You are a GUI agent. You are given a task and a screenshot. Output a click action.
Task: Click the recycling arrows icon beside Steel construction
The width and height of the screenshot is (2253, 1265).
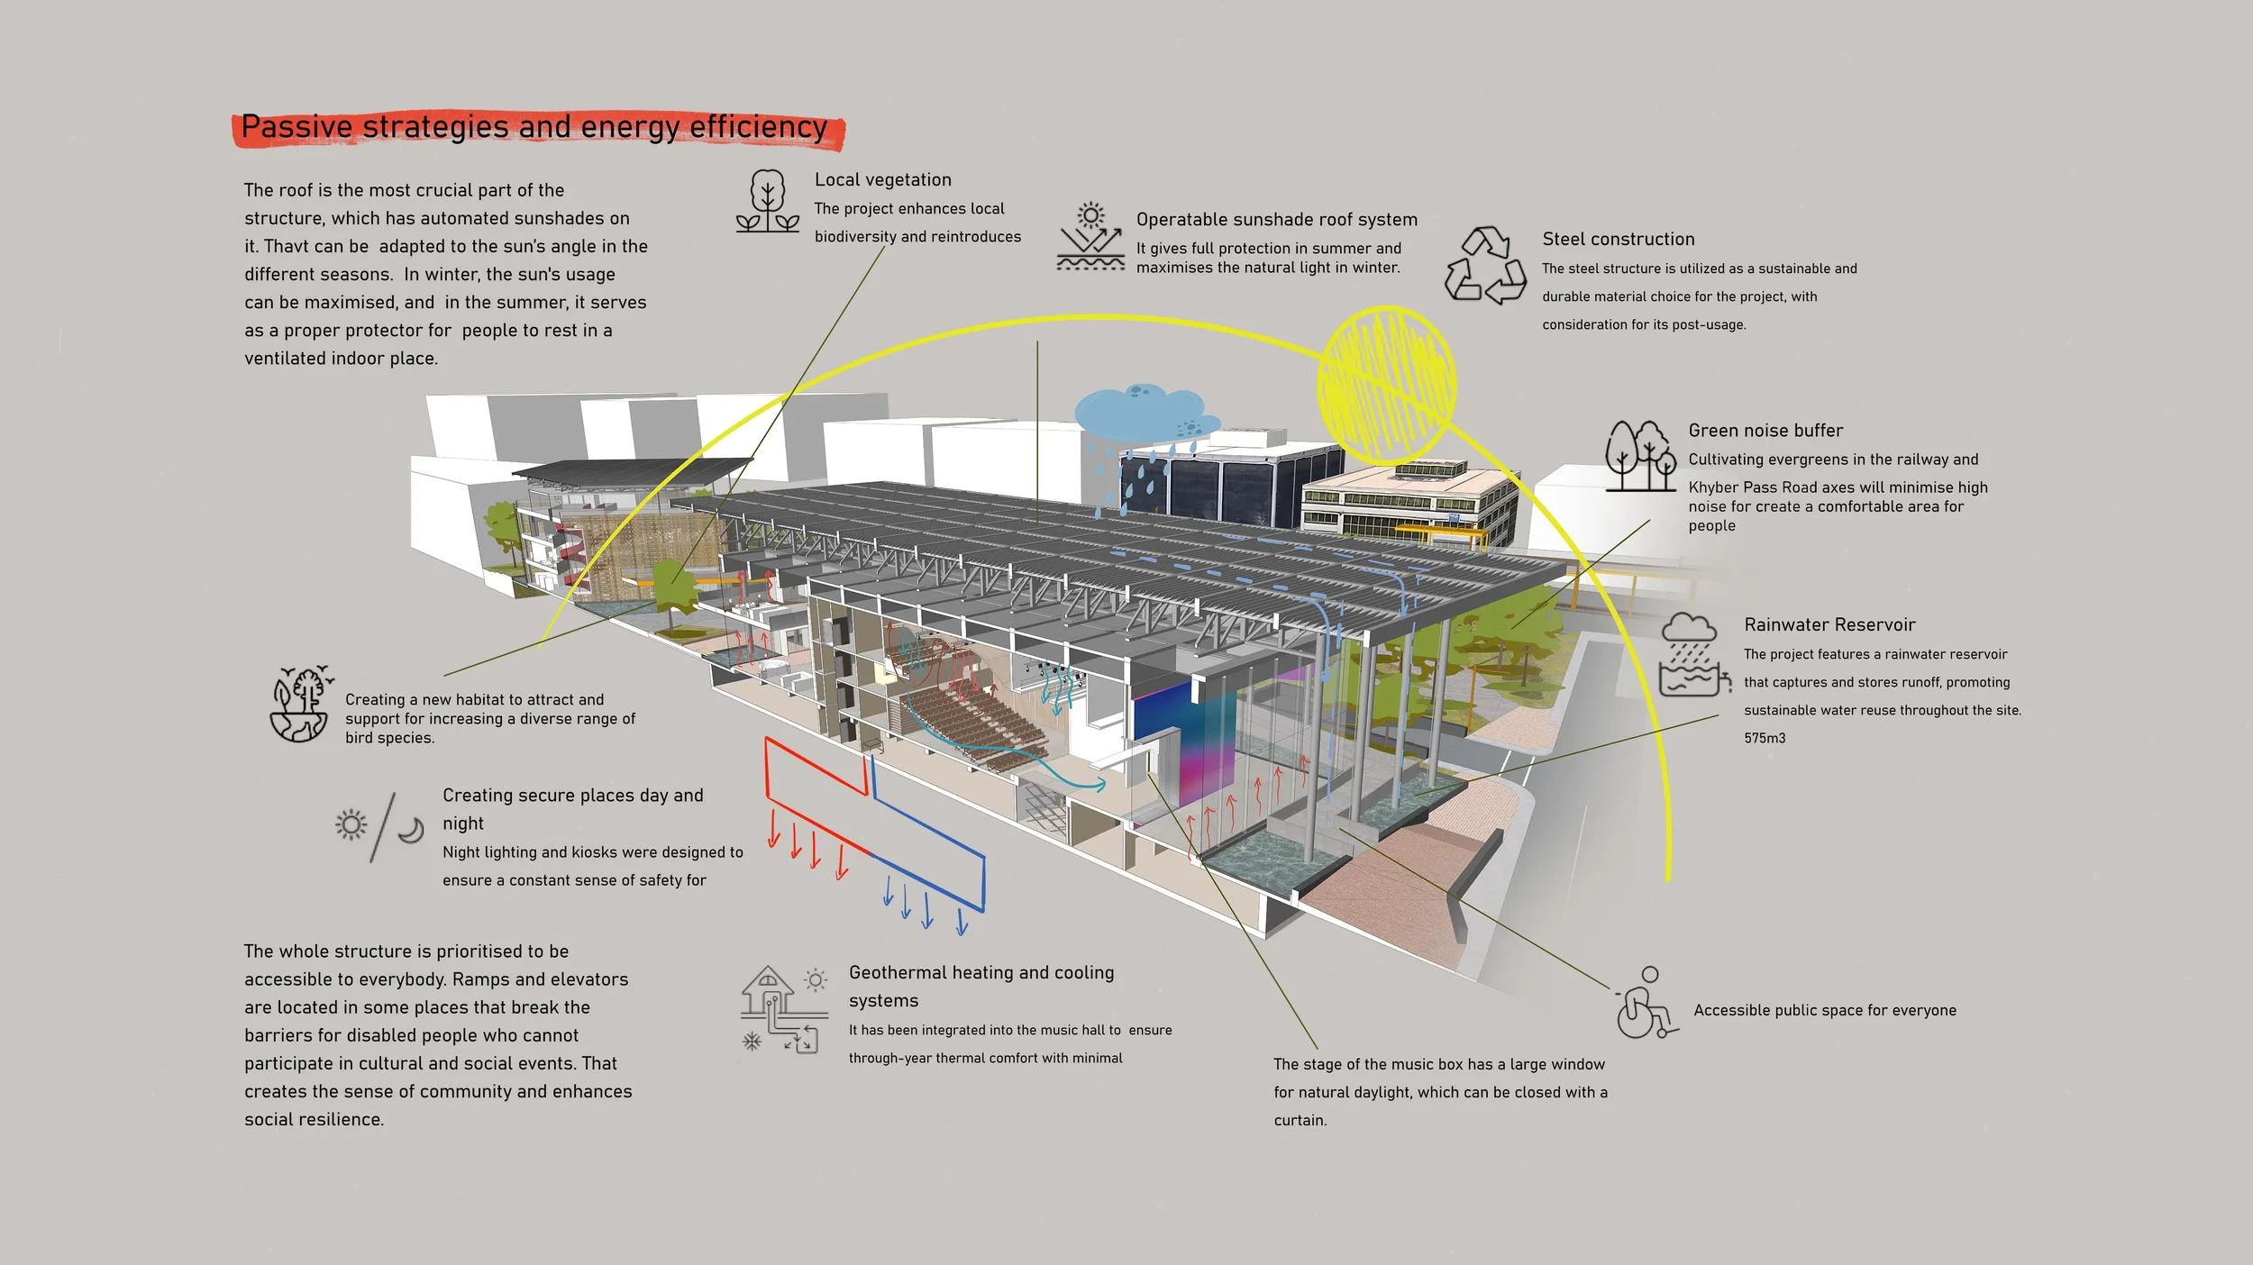pos(1486,265)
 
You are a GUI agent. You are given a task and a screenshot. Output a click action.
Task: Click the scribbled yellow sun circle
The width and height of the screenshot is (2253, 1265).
pos(1386,385)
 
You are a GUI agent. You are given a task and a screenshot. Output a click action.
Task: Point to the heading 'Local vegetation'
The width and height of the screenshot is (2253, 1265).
pos(882,180)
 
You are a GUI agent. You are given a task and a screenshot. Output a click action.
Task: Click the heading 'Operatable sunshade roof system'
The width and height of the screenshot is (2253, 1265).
pos(1276,220)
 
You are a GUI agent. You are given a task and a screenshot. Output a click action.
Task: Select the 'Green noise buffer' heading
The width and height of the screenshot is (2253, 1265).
pos(1765,431)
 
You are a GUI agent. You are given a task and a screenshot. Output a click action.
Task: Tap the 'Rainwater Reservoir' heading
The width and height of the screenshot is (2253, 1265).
pos(1829,625)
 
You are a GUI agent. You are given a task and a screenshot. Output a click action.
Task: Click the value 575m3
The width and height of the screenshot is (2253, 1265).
pos(1764,738)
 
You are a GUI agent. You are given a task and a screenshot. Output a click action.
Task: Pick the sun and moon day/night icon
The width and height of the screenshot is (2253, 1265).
pos(379,826)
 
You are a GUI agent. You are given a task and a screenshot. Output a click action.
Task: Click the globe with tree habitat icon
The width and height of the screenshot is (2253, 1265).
pos(301,704)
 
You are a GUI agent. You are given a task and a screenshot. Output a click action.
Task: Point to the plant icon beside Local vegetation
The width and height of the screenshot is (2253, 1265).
pos(767,201)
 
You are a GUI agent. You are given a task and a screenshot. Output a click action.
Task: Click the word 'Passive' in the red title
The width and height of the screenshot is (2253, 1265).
pos(296,128)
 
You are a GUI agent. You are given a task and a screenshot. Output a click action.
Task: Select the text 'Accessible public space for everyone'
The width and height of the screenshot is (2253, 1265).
pos(1824,1011)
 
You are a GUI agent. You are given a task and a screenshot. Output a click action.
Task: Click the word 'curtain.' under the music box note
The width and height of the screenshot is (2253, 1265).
pos(1300,1121)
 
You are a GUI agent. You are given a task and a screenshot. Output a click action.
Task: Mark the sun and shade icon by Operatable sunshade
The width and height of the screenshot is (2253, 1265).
pos(1090,237)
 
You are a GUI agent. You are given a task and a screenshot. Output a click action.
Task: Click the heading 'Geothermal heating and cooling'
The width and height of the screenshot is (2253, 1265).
pos(981,973)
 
